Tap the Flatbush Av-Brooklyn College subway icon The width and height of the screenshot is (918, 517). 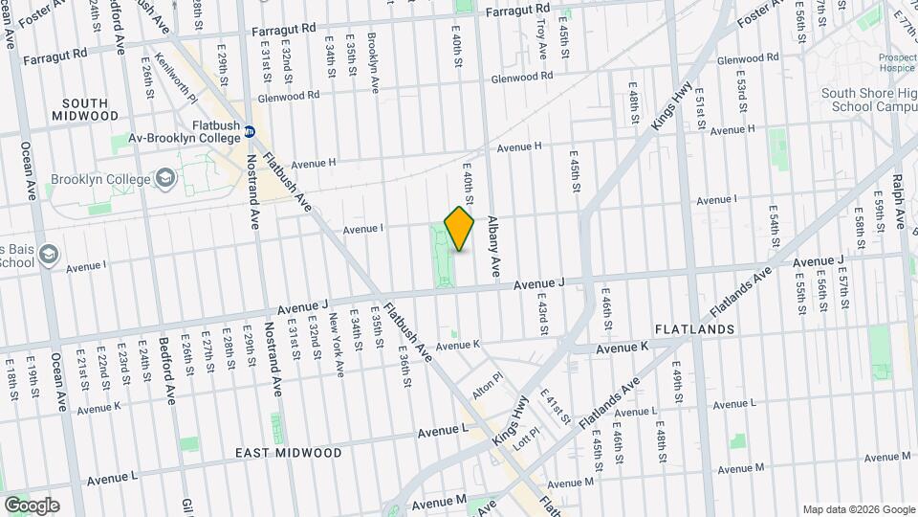coord(250,131)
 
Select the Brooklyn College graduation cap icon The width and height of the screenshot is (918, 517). coord(165,178)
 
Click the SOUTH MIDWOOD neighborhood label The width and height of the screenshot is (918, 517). coord(92,108)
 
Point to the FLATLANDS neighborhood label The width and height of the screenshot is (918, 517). coord(694,328)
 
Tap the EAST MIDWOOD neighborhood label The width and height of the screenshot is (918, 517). coord(290,452)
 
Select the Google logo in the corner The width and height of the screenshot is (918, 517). coord(31,505)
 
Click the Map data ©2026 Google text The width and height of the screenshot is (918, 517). coord(858,508)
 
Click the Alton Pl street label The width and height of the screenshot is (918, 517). coord(487,386)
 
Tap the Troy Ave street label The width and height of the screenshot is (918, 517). coord(542,38)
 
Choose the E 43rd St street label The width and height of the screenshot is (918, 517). coord(541,314)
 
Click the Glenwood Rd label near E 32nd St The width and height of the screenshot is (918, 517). coord(288,97)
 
